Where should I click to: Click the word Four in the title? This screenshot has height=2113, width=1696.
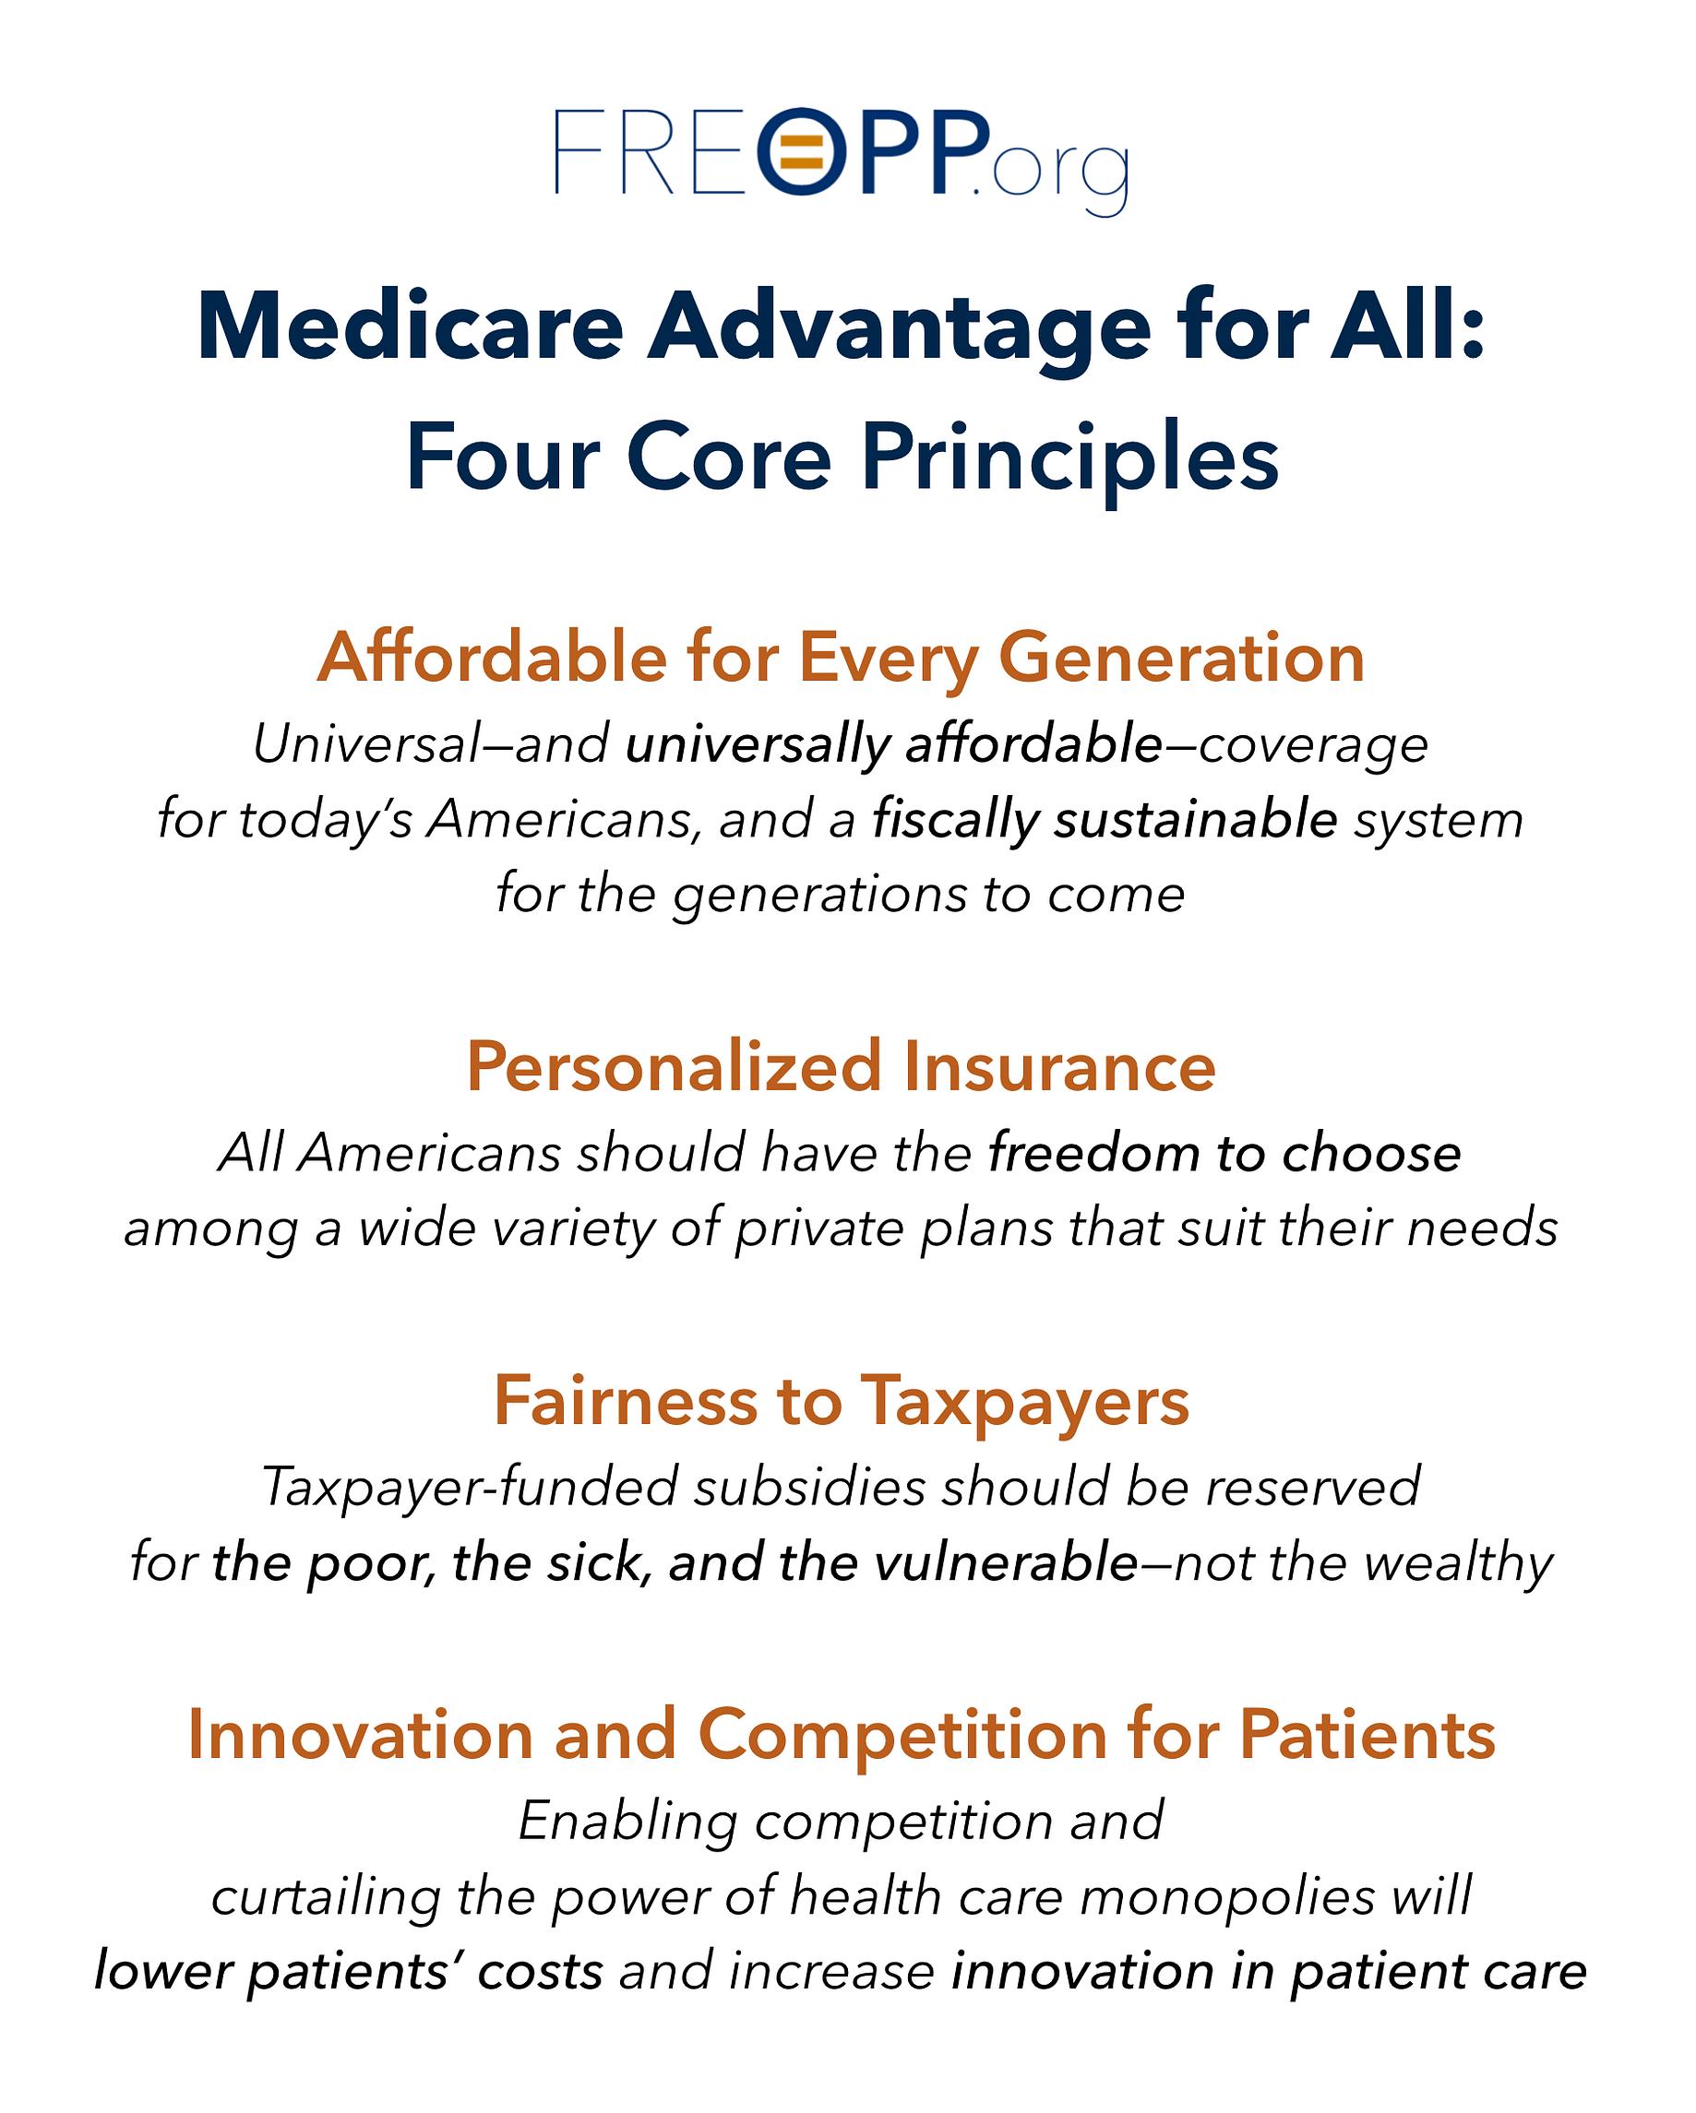pos(502,457)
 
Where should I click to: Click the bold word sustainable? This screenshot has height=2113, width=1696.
pos(1195,819)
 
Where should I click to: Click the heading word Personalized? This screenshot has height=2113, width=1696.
pos(674,1066)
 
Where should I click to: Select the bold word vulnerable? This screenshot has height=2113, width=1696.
pos(1006,1562)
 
